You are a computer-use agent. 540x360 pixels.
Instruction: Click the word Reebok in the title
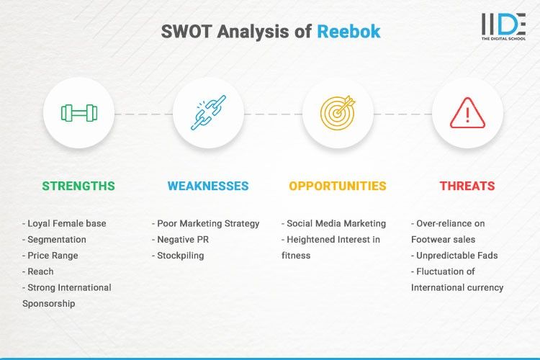pyautogui.click(x=348, y=32)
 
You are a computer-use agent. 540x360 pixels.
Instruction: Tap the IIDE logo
pyautogui.click(x=503, y=26)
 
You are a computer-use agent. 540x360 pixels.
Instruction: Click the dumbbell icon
pyautogui.click(x=78, y=113)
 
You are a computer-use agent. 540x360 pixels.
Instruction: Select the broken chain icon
pyautogui.click(x=208, y=113)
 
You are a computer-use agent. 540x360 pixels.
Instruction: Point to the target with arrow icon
pyautogui.click(x=338, y=113)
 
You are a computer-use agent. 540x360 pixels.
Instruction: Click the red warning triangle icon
pyautogui.click(x=467, y=113)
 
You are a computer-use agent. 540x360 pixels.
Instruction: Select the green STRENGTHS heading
pyautogui.click(x=78, y=186)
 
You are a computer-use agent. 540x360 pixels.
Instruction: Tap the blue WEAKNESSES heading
pyautogui.click(x=208, y=186)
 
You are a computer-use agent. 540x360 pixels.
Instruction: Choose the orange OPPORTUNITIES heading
pyautogui.click(x=338, y=186)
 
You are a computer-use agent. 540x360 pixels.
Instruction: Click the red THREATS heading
pyautogui.click(x=467, y=186)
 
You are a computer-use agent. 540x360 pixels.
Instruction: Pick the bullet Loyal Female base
pyautogui.click(x=64, y=223)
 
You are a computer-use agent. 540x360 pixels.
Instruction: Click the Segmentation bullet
pyautogui.click(x=54, y=239)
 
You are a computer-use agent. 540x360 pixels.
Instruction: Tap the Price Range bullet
pyautogui.click(x=50, y=255)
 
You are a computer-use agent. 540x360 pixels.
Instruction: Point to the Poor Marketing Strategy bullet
pyautogui.click(x=206, y=223)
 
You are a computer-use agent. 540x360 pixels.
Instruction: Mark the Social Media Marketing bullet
pyautogui.click(x=334, y=223)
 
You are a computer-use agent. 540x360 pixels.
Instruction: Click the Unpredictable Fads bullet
pyautogui.click(x=456, y=256)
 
